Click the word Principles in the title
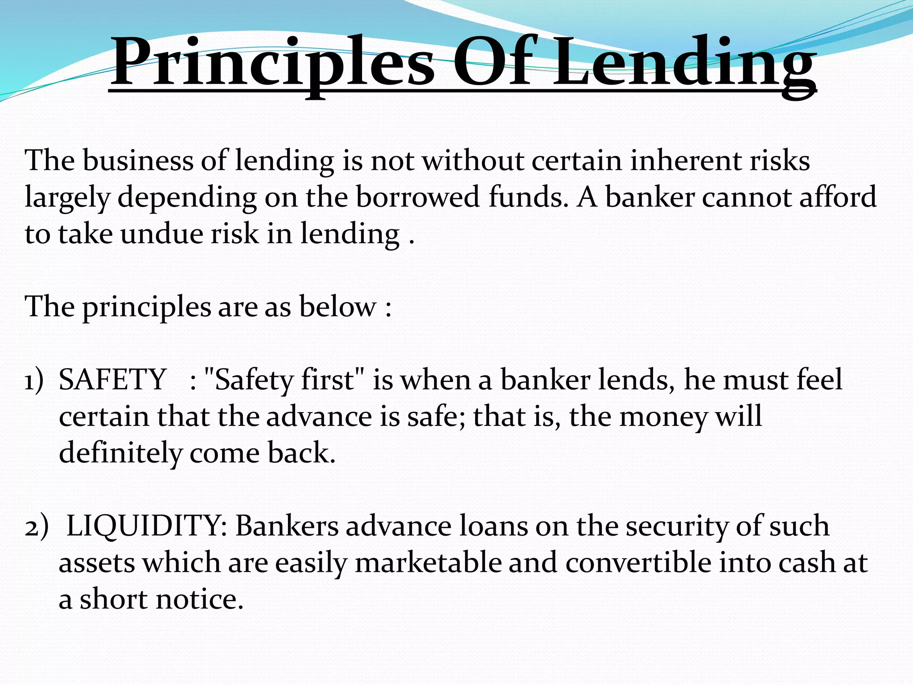click(272, 62)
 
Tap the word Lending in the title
click(685, 62)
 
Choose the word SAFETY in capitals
click(113, 380)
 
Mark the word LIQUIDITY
click(147, 526)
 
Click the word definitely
click(120, 453)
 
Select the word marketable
click(428, 563)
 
